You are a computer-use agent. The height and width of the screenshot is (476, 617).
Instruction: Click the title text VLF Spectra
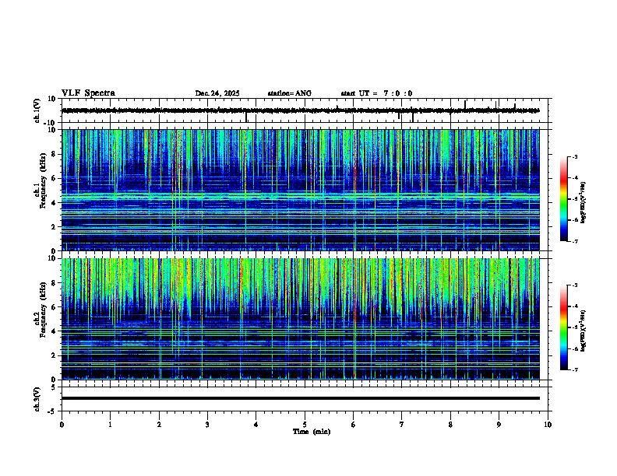[88, 93]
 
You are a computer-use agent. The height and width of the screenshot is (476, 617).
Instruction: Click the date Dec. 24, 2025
[217, 93]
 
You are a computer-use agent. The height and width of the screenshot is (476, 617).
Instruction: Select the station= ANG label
[289, 93]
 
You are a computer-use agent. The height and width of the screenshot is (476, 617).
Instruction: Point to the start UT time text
[376, 93]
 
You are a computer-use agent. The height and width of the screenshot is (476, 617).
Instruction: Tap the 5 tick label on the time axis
[305, 424]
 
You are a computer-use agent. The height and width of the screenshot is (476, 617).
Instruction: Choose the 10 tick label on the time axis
[548, 424]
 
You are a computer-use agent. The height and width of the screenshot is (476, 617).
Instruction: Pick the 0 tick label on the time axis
[62, 424]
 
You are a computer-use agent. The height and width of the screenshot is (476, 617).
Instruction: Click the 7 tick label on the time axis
[402, 424]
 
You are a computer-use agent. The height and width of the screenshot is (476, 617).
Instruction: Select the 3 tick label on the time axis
[207, 424]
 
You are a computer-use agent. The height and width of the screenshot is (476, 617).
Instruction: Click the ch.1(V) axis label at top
[37, 110]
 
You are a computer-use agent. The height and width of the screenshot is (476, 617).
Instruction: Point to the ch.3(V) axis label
[37, 398]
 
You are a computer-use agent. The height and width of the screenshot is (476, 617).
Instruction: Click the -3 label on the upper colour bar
[574, 157]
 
